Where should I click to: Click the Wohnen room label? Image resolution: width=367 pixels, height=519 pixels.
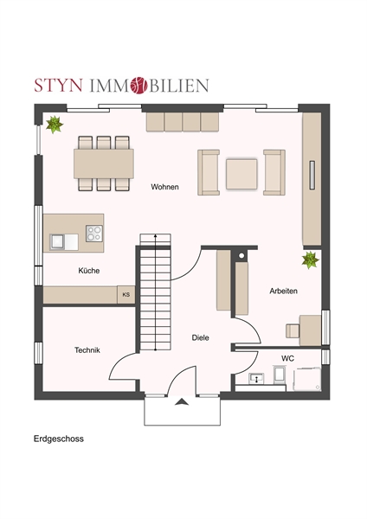pos(164,187)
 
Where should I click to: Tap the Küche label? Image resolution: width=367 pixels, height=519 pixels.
pos(89,271)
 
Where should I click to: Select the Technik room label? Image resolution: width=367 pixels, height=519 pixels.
pos(87,349)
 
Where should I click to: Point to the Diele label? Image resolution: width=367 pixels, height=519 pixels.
pos(201,337)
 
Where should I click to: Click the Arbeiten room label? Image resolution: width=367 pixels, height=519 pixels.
pos(283,291)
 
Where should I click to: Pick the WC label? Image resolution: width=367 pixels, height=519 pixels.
pos(287,358)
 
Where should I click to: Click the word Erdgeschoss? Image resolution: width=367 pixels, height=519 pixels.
pos(59,439)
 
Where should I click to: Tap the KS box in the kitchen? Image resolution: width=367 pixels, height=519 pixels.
pos(126,295)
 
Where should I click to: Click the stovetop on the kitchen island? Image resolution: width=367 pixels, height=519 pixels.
pos(94,233)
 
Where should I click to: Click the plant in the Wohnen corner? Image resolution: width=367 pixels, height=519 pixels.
pos(55,125)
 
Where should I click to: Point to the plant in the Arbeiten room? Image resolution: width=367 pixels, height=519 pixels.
pos(311,259)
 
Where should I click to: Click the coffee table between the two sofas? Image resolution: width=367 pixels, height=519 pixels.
pos(241,174)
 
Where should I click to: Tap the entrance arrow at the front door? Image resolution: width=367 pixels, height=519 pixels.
pos(182,402)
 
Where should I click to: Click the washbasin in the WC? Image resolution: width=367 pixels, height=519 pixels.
pos(256,378)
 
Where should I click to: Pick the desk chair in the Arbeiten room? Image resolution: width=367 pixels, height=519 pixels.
pos(293,331)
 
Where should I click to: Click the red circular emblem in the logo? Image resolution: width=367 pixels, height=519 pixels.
pos(138,86)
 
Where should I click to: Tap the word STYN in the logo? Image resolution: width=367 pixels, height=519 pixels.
pos(58,86)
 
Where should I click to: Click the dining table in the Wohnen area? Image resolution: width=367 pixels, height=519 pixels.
pos(104,163)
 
